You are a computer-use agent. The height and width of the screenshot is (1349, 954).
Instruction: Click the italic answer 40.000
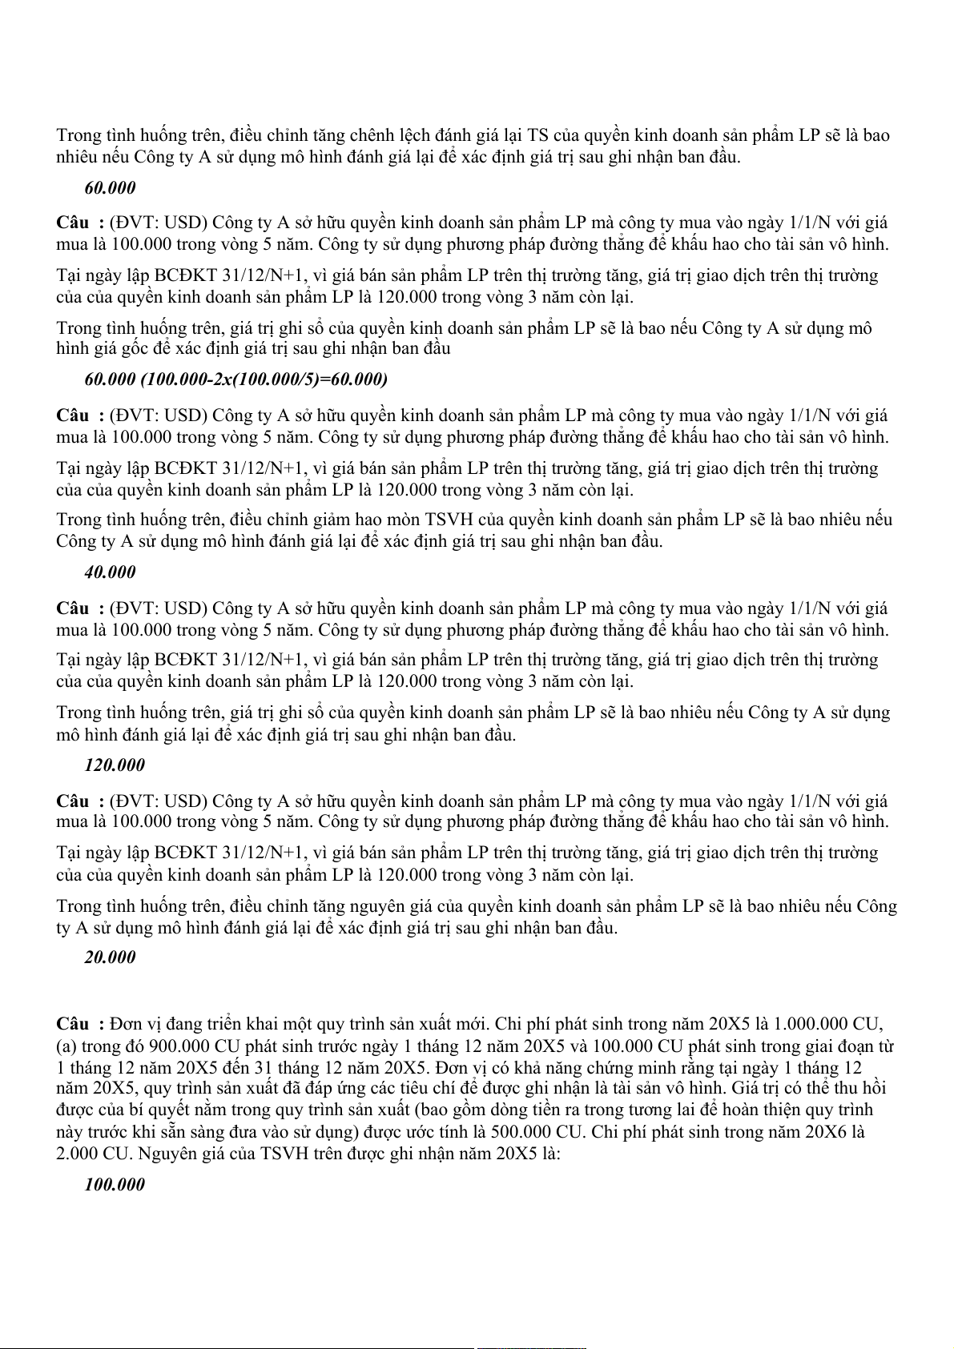tap(110, 572)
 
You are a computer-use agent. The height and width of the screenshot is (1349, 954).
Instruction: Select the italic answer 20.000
tap(110, 958)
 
